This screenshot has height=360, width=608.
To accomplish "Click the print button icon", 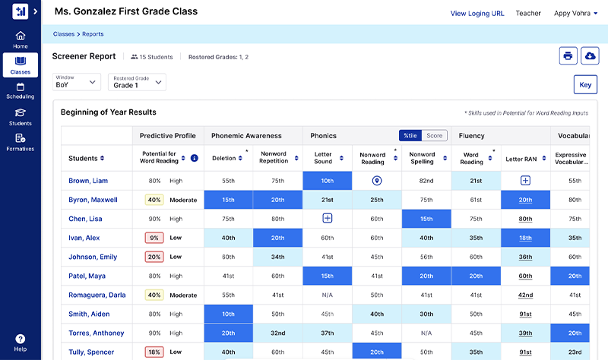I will [567, 56].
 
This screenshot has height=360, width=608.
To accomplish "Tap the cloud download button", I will [590, 56].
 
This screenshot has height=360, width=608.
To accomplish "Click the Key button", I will [585, 85].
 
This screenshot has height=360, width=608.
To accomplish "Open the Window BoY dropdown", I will [77, 82].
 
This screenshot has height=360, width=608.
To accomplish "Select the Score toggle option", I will [434, 136].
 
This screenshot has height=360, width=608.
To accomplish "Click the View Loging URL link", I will [477, 13].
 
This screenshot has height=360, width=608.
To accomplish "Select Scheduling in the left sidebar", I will [20, 91].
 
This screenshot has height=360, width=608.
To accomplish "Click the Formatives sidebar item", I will [20, 142].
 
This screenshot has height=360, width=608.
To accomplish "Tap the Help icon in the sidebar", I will [20, 339].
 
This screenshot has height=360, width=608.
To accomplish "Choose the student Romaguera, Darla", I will [97, 295].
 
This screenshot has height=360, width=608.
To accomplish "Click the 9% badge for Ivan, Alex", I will [154, 238].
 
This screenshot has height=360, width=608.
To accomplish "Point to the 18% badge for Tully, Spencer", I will [154, 352].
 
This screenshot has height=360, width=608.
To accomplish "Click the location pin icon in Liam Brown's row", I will [376, 181].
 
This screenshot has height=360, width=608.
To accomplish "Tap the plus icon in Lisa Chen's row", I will [328, 219].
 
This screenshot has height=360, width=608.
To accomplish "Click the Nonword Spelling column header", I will [422, 158].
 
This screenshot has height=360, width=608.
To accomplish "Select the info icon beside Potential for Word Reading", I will [194, 158].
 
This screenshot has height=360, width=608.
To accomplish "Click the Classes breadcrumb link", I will [64, 34].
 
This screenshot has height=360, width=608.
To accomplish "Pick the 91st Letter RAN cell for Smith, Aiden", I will [525, 314].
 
